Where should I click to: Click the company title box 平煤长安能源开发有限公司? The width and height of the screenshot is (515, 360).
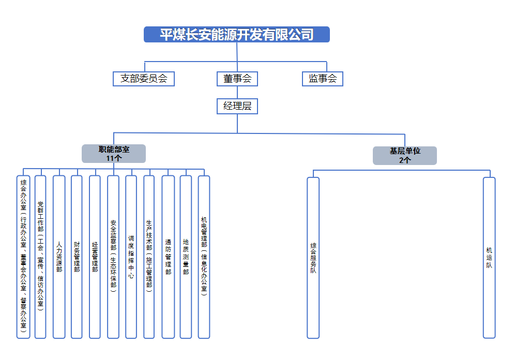pyautogui.click(x=236, y=35)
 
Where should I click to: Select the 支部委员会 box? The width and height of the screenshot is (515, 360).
pyautogui.click(x=144, y=79)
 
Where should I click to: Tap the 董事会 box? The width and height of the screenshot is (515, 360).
pyautogui.click(x=237, y=79)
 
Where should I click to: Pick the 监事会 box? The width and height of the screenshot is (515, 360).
pyautogui.click(x=323, y=79)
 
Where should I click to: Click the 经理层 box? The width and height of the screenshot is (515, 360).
pyautogui.click(x=237, y=107)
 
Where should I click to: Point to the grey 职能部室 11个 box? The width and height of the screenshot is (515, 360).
pyautogui.click(x=114, y=154)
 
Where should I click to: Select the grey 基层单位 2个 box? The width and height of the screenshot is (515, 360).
pyautogui.click(x=405, y=156)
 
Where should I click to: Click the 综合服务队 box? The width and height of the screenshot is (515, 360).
pyautogui.click(x=313, y=257)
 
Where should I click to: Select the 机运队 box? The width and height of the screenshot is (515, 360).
pyautogui.click(x=489, y=257)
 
